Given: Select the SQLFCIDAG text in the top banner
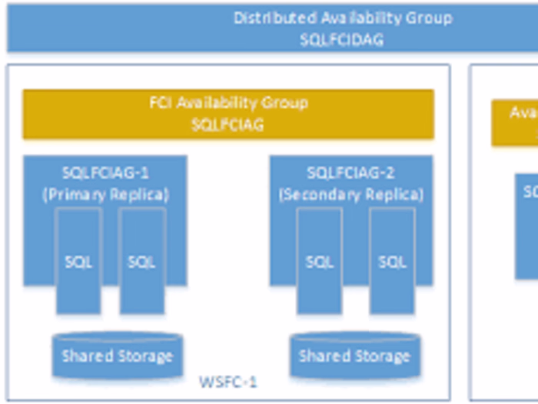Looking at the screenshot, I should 341,40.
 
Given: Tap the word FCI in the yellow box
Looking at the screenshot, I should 161,103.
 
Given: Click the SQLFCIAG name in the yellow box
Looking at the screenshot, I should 227,124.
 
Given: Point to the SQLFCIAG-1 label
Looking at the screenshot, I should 105,173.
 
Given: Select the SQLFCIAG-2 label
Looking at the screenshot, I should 351,173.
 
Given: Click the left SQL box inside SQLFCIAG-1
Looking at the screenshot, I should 78,262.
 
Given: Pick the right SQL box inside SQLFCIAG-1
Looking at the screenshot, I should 142,262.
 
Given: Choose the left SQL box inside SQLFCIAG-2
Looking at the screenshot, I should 320,262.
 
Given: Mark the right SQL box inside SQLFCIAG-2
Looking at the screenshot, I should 392,262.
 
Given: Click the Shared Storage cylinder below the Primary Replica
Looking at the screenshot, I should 117,356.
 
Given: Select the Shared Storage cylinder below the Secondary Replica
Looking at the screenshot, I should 354,356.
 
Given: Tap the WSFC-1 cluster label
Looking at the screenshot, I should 228,382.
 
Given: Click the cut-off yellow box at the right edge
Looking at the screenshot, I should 515,123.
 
